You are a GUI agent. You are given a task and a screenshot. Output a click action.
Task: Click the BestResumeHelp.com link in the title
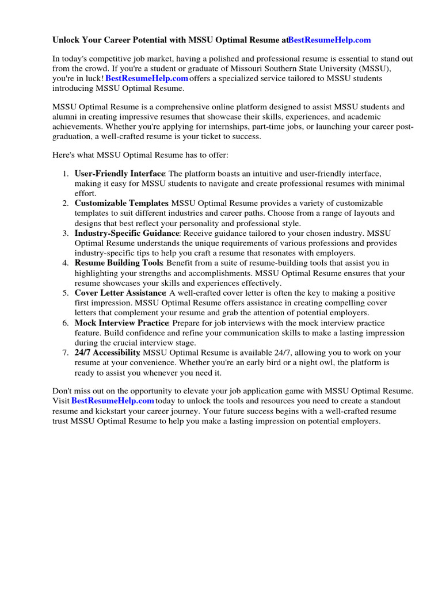[x=329, y=40]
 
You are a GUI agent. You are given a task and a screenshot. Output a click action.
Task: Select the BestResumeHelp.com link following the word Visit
[x=113, y=400]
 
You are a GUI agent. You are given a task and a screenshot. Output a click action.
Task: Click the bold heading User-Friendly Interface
[x=120, y=173]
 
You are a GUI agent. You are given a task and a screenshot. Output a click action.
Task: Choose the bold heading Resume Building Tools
[x=119, y=263]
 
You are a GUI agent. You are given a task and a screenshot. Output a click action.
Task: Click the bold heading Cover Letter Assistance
[x=120, y=293]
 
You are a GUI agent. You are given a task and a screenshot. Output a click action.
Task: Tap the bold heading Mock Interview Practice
[x=121, y=323]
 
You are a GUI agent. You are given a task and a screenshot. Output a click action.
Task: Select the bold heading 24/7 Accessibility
[x=107, y=353]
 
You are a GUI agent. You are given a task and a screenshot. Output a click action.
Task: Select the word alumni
[x=65, y=117]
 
